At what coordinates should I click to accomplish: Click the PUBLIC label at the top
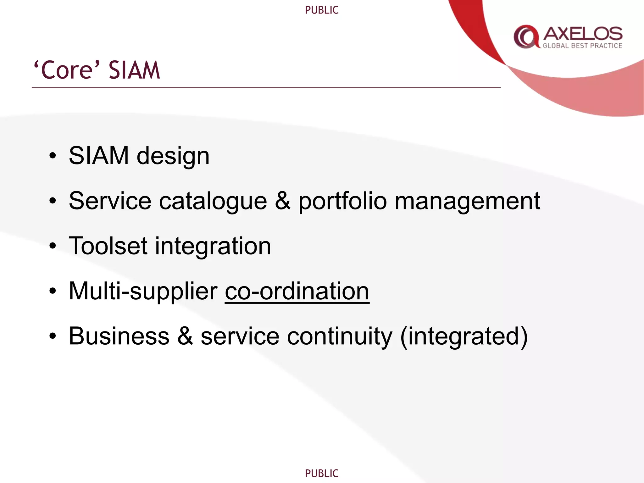pyautogui.click(x=322, y=10)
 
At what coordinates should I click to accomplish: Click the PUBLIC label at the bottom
pyautogui.click(x=322, y=473)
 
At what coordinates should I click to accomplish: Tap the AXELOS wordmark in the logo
pyautogui.click(x=583, y=33)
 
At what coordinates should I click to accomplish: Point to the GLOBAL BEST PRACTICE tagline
pyautogui.click(x=582, y=46)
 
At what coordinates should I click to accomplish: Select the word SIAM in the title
pyautogui.click(x=134, y=70)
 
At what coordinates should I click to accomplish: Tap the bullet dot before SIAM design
pyautogui.click(x=53, y=156)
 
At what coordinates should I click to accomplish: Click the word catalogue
pyautogui.click(x=213, y=201)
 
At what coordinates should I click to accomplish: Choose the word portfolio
pyautogui.click(x=342, y=202)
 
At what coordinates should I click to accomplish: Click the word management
pyautogui.click(x=467, y=202)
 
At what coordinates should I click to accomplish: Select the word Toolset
pyautogui.click(x=108, y=246)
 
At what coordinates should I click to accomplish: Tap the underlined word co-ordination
pyautogui.click(x=297, y=291)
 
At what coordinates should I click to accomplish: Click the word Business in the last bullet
pyautogui.click(x=119, y=336)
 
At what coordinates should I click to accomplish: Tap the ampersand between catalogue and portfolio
pyautogui.click(x=282, y=201)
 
